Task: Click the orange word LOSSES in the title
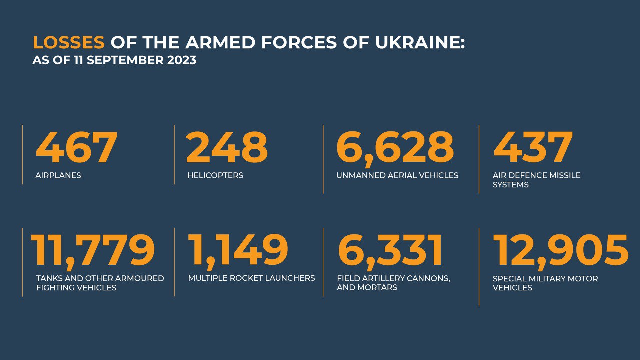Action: [69, 42]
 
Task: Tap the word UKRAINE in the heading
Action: [420, 42]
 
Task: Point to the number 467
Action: [76, 147]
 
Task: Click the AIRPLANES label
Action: [58, 175]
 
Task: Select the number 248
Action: [227, 147]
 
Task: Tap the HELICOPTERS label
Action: [215, 175]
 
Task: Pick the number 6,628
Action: [395, 149]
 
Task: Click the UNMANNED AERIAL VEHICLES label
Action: [397, 175]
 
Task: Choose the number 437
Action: [533, 147]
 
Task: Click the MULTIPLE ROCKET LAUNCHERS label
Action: [251, 278]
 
